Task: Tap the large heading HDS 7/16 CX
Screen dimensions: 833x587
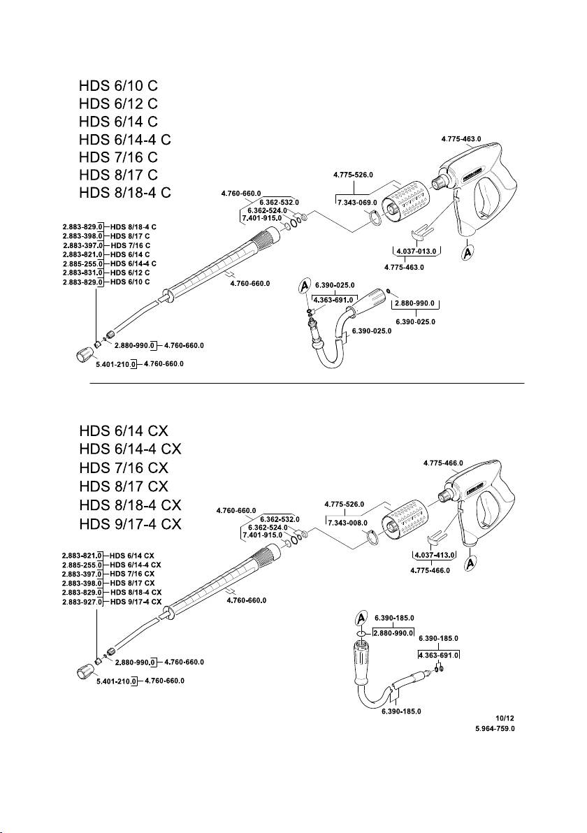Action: click(124, 468)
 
